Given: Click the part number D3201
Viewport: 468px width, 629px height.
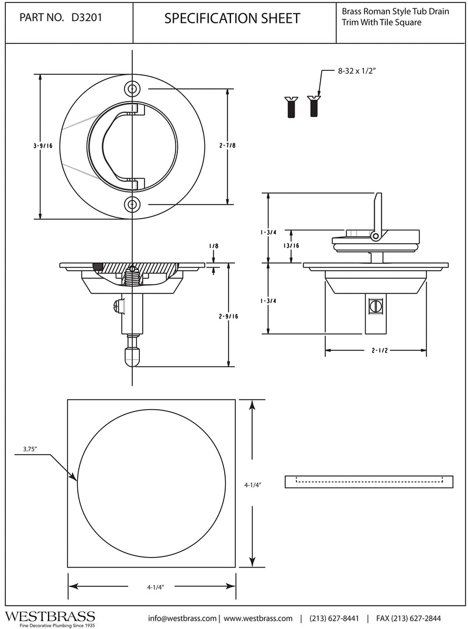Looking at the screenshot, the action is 87,18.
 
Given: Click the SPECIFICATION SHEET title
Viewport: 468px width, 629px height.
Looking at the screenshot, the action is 232,19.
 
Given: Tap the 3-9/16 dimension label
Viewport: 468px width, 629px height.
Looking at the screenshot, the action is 43,146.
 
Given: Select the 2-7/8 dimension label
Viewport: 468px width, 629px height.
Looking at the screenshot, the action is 227,146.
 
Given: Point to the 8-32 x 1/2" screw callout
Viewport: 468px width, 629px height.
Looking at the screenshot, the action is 356,71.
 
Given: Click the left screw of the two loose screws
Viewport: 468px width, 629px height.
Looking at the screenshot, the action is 291,107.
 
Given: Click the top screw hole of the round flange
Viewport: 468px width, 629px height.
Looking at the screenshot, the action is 132,89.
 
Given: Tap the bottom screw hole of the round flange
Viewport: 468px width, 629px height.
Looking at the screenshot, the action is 132,205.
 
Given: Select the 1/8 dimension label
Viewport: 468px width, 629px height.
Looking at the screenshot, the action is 214,246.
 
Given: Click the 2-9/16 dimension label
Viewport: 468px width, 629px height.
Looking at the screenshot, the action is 228,316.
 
